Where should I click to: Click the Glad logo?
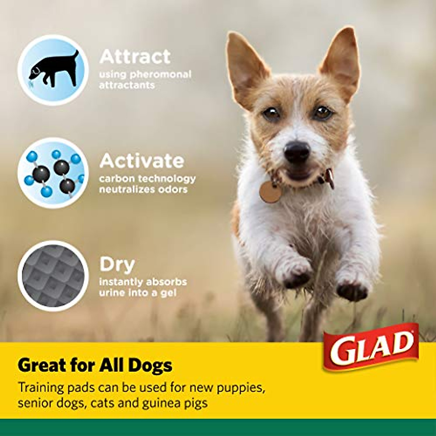pyautogui.click(x=371, y=347)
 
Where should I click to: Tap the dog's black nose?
pyautogui.click(x=297, y=151)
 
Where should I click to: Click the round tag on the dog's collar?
pyautogui.click(x=270, y=192)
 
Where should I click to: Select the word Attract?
pyautogui.click(x=135, y=57)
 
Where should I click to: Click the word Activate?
pyautogui.click(x=142, y=161)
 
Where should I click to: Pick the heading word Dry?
pyautogui.click(x=117, y=265)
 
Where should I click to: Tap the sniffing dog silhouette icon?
pyautogui.click(x=53, y=70)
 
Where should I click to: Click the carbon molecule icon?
pyautogui.click(x=53, y=173)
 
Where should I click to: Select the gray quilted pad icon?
pyautogui.click(x=53, y=276)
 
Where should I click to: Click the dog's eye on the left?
pyautogui.click(x=271, y=113)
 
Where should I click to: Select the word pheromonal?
pyautogui.click(x=161, y=74)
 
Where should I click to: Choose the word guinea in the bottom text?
pyautogui.click(x=164, y=403)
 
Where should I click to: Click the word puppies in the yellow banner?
pyautogui.click(x=241, y=387)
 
